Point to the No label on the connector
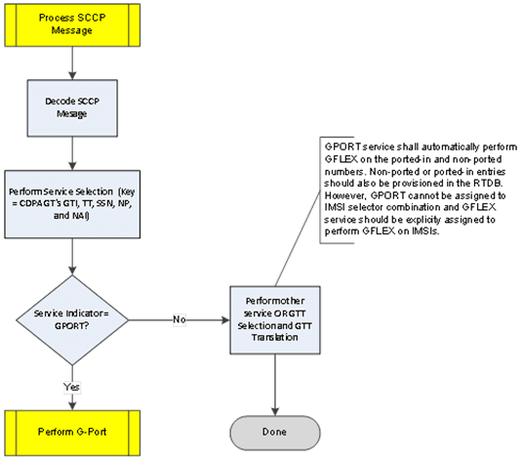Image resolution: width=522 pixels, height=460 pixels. pyautogui.click(x=179, y=318)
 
